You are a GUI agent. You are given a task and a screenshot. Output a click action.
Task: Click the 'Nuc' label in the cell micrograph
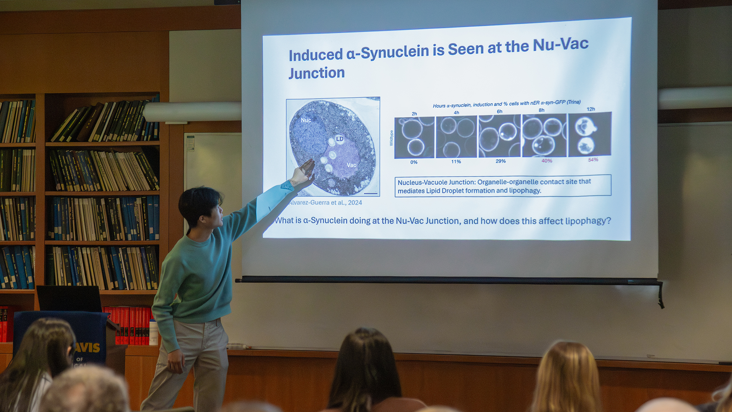[306, 120]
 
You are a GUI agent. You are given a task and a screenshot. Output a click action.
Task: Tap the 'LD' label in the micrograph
[340, 139]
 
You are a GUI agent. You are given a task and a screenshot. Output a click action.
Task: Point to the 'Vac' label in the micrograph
[351, 165]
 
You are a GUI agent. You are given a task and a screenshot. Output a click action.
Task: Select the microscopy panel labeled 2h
[414, 137]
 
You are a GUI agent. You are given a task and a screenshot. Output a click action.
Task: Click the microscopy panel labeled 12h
[589, 134]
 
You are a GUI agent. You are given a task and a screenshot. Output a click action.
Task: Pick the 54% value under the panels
[593, 160]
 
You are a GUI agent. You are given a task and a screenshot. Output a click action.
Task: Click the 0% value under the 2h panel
[414, 162]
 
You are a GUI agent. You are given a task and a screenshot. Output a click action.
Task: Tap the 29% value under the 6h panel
[500, 161]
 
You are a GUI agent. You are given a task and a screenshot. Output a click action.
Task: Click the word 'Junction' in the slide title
[317, 73]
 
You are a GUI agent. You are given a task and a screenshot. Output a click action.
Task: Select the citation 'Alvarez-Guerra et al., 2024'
[325, 203]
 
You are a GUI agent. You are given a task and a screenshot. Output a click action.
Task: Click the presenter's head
[201, 207]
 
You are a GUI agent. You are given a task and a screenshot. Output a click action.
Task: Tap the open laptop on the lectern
[69, 298]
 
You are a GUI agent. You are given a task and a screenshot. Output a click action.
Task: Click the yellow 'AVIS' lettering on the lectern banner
[88, 347]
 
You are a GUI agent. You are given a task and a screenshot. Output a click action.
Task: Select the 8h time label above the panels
[541, 110]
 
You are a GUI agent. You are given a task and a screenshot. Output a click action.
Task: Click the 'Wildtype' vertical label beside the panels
[391, 138]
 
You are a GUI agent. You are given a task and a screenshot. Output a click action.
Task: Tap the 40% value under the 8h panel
[547, 161]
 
